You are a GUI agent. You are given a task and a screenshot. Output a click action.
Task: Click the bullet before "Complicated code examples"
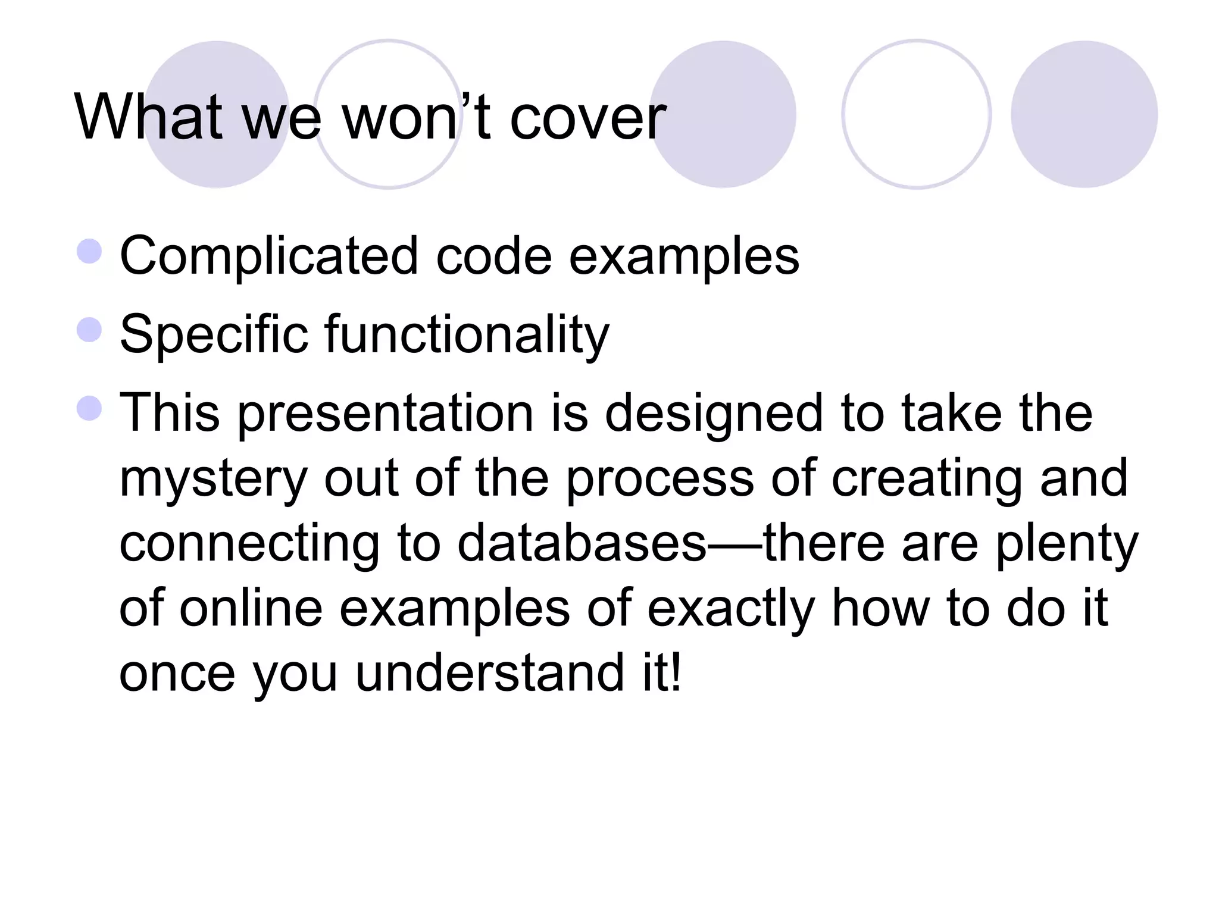coord(89,251)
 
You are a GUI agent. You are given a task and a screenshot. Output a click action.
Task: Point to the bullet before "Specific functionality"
coord(89,330)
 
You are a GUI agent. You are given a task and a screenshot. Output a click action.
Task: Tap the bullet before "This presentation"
coord(89,408)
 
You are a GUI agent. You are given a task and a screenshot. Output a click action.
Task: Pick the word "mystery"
coord(214,480)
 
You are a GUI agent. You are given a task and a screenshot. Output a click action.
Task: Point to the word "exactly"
coord(731,609)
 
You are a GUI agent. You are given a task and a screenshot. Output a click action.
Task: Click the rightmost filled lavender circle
coord(1084,114)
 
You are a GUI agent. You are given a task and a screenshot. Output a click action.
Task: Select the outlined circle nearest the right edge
coord(917,114)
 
